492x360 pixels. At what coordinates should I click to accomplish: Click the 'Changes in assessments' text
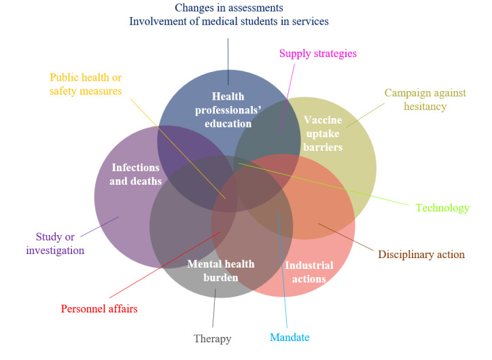pyautogui.click(x=228, y=7)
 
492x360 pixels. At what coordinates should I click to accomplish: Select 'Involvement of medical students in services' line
pyautogui.click(x=228, y=21)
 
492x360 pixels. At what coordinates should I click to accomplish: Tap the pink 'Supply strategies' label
pyautogui.click(x=318, y=53)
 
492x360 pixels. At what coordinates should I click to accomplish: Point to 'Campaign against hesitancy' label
pyautogui.click(x=415, y=99)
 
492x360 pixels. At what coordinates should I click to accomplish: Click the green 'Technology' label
pyautogui.click(x=442, y=208)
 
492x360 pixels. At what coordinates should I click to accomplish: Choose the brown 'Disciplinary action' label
pyautogui.click(x=421, y=255)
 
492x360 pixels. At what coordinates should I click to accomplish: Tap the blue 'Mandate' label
pyautogui.click(x=290, y=337)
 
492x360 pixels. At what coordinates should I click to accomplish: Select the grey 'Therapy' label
pyautogui.click(x=212, y=339)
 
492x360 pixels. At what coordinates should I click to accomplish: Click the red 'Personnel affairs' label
pyautogui.click(x=99, y=308)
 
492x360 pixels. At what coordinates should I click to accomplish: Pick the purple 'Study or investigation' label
pyautogui.click(x=55, y=243)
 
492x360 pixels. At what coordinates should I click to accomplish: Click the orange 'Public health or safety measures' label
pyautogui.click(x=86, y=84)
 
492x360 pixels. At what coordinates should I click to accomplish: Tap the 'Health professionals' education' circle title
pyautogui.click(x=227, y=110)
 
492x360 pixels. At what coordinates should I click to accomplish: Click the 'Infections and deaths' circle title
pyautogui.click(x=137, y=174)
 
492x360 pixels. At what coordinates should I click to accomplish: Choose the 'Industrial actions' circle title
pyautogui.click(x=309, y=272)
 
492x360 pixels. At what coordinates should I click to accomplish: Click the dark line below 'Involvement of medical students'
pyautogui.click(x=228, y=54)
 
